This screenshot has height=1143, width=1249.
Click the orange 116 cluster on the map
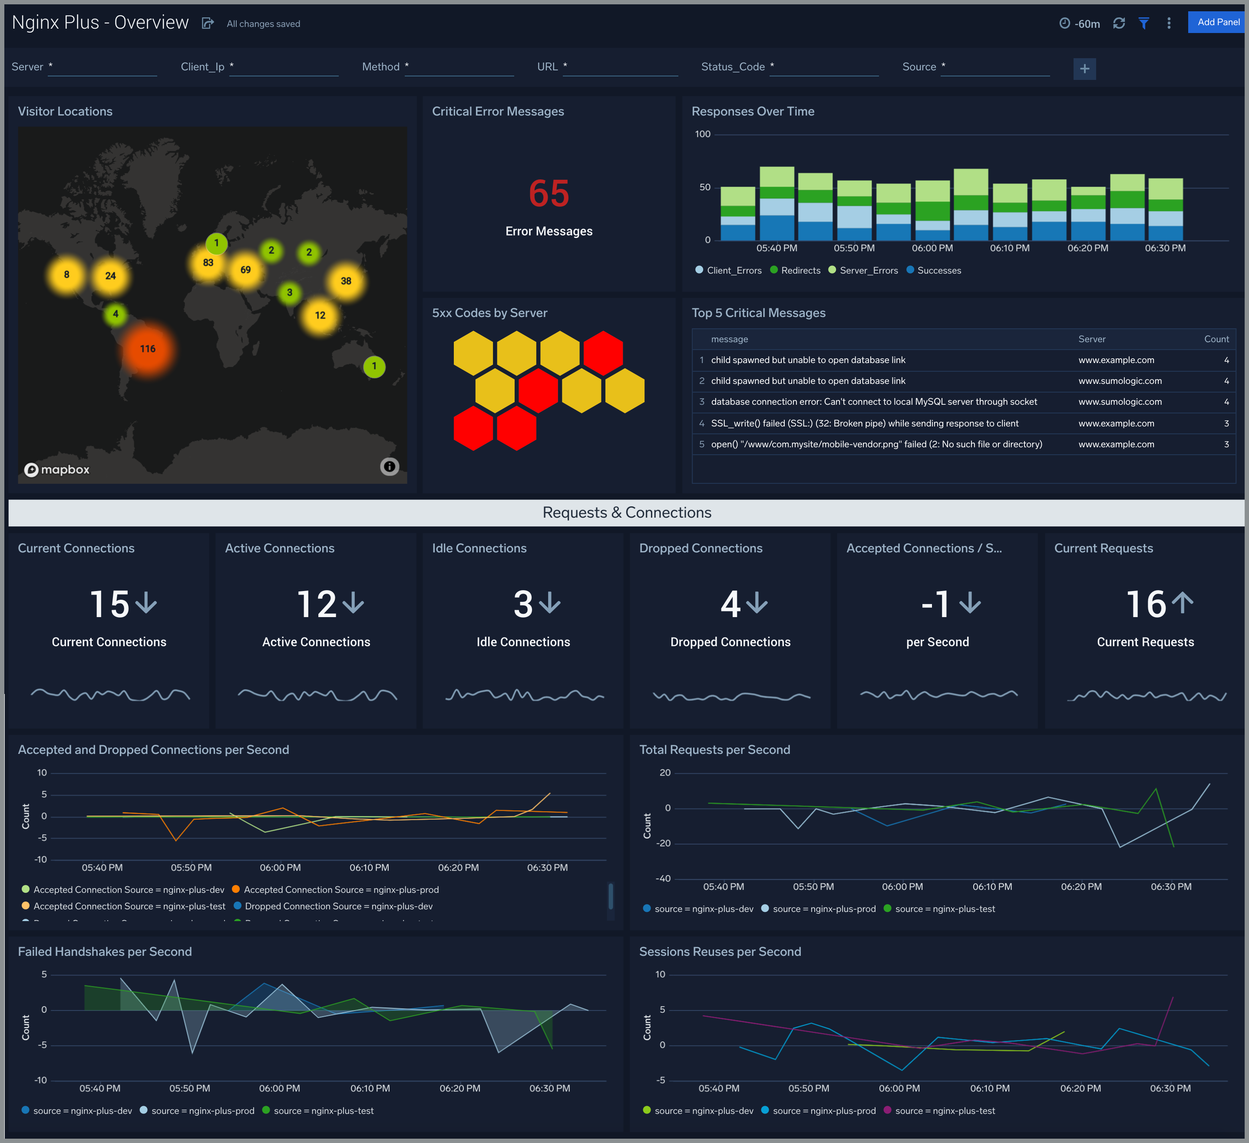[x=148, y=349]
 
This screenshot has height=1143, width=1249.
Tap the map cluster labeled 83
[x=208, y=263]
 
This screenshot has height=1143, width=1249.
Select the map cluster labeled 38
[x=346, y=281]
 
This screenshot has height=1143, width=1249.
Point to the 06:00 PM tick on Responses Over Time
[x=932, y=248]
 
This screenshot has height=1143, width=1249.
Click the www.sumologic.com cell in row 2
[x=1120, y=381]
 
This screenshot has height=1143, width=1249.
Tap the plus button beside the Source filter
[x=1084, y=69]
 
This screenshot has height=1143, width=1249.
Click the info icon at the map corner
[x=389, y=466]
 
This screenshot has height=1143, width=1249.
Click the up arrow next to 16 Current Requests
[x=1182, y=603]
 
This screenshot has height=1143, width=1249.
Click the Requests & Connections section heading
[x=626, y=513]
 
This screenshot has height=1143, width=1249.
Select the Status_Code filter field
[x=823, y=67]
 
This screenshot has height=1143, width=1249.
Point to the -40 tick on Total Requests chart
[x=663, y=879]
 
